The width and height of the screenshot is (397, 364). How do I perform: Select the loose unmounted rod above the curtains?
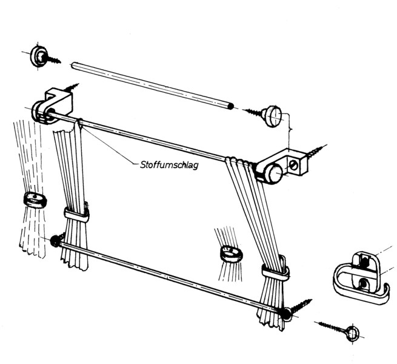click(152, 86)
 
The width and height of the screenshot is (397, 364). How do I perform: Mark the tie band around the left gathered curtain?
click(76, 214)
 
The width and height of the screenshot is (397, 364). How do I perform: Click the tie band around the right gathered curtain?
click(275, 269)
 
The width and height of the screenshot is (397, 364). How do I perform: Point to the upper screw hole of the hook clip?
click(364, 261)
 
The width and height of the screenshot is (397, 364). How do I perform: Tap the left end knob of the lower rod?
click(56, 241)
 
